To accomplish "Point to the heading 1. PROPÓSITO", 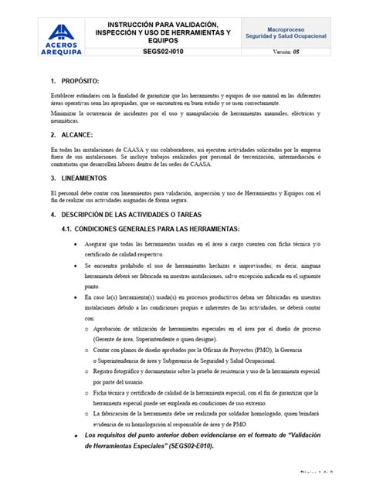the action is coord(73,80).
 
